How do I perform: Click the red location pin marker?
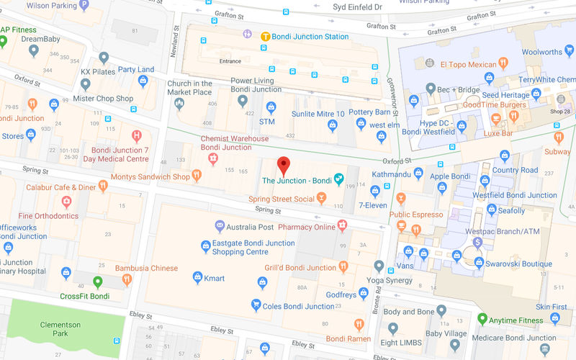click(x=284, y=165)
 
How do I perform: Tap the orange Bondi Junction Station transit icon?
click(x=265, y=36)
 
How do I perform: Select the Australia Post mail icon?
click(x=220, y=227)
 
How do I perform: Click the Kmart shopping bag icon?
click(x=197, y=277)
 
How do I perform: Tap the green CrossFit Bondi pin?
click(x=98, y=282)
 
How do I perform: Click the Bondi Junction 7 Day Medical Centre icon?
click(x=136, y=135)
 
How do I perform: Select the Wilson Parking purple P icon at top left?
click(x=84, y=5)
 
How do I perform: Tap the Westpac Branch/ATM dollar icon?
click(x=477, y=243)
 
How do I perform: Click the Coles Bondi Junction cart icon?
click(x=255, y=305)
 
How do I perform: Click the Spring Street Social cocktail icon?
click(x=321, y=198)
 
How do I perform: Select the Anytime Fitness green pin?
click(x=482, y=319)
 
